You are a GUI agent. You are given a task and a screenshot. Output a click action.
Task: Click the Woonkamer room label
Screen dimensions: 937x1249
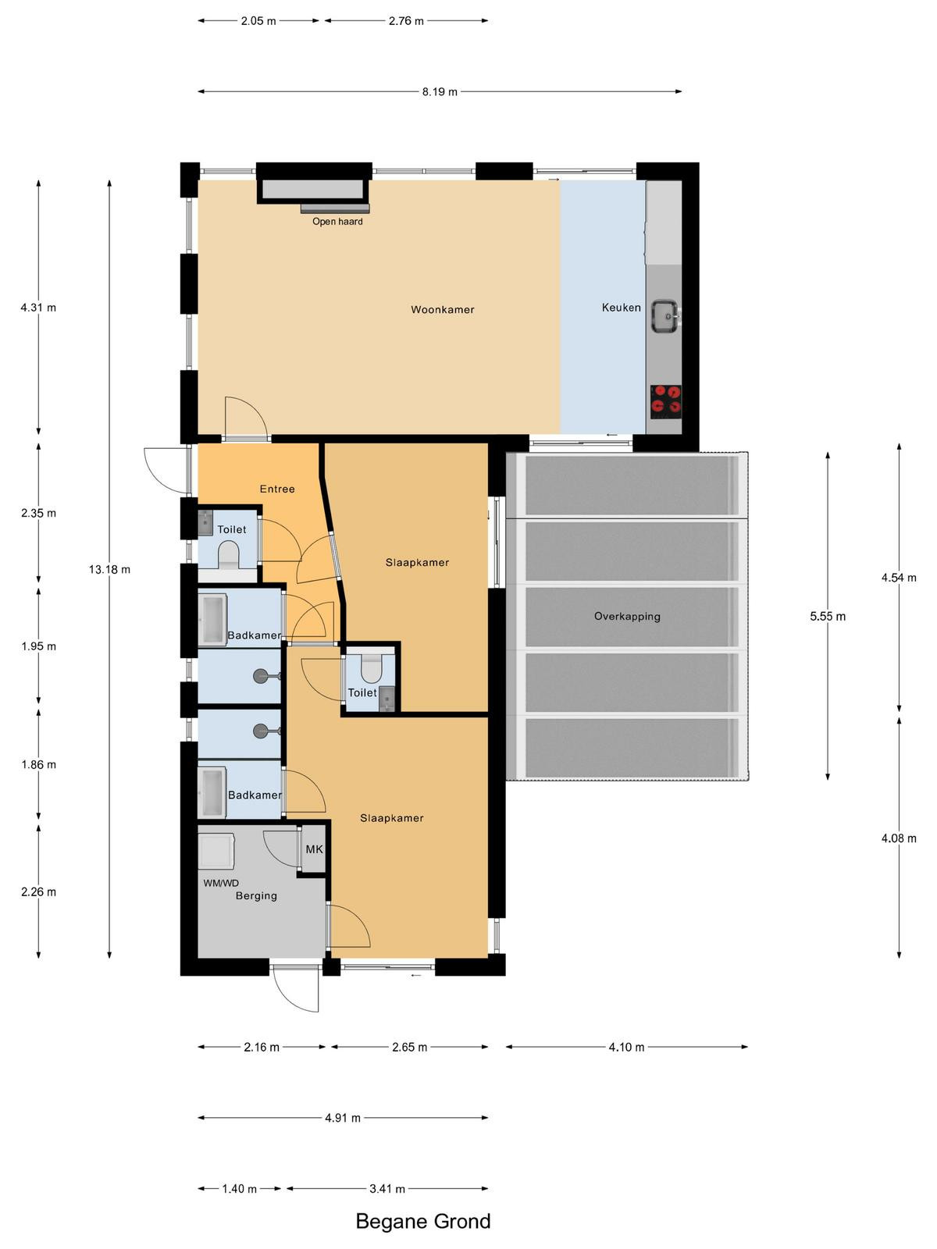(x=442, y=310)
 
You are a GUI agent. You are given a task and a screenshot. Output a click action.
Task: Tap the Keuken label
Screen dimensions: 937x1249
(x=622, y=308)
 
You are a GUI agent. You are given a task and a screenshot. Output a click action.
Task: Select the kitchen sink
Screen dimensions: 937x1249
(x=665, y=316)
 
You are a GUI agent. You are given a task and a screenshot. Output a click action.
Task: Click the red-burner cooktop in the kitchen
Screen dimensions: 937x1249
(x=666, y=402)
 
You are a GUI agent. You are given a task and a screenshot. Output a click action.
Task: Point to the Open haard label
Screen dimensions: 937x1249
(x=337, y=222)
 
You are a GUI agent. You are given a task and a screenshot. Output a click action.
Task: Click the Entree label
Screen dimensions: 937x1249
(x=277, y=489)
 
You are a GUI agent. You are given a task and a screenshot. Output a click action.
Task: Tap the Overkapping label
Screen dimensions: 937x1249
(x=627, y=616)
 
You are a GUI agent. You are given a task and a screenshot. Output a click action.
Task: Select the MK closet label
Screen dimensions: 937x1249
(x=314, y=849)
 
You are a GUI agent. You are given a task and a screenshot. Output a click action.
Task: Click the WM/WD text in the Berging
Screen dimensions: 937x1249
(x=221, y=883)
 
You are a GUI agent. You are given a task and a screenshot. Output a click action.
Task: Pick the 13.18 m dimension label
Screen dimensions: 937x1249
(x=109, y=569)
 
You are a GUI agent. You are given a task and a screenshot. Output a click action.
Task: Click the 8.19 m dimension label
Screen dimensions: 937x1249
(x=439, y=91)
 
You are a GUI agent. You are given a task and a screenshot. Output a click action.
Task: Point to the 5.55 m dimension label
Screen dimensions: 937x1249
(x=828, y=616)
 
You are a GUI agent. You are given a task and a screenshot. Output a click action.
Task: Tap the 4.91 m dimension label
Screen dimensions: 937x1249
(x=343, y=1118)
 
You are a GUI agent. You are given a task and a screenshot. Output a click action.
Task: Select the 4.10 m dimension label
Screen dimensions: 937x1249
(x=626, y=1047)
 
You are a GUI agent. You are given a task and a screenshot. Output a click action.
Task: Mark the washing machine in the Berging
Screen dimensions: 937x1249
(x=216, y=851)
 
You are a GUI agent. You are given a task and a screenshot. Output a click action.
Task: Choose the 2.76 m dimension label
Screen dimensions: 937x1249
(x=406, y=21)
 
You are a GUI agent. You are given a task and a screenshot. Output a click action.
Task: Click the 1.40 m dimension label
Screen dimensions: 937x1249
(x=239, y=1189)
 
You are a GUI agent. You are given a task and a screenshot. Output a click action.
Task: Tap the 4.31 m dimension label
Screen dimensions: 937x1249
(x=38, y=308)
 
